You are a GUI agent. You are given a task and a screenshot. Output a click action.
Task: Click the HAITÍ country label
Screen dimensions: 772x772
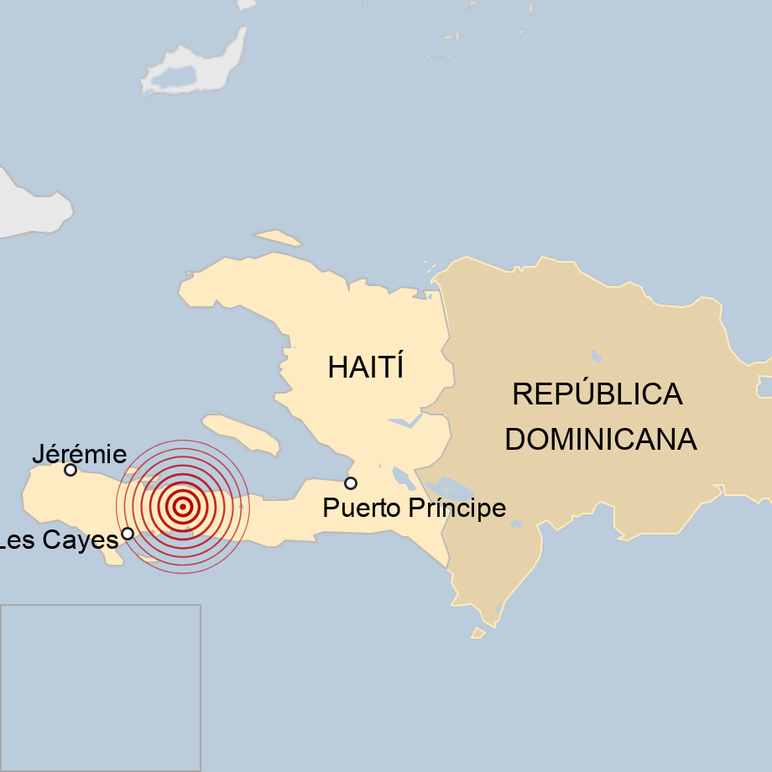366,368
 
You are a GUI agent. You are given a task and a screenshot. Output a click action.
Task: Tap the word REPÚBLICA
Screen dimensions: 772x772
597,394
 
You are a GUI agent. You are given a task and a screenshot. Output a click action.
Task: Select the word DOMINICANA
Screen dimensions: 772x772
600,440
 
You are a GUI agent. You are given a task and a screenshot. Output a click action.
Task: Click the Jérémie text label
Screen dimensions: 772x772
79,455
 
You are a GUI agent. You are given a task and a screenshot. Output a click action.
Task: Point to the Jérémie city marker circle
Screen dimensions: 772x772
70,470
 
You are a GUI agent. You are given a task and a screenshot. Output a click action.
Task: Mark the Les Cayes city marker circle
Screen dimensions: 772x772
128,533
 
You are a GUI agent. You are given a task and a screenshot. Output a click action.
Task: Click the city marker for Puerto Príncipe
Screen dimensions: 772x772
351,482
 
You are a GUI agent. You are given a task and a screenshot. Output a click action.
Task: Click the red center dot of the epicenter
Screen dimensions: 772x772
182,506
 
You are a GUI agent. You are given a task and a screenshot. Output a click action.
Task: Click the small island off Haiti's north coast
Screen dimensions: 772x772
279,237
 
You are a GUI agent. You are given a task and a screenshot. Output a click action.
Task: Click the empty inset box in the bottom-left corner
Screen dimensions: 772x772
100,687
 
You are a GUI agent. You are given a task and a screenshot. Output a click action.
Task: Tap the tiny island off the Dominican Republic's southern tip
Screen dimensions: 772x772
478,633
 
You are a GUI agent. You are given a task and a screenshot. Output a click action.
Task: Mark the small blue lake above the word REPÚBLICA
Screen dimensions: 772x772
596,356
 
